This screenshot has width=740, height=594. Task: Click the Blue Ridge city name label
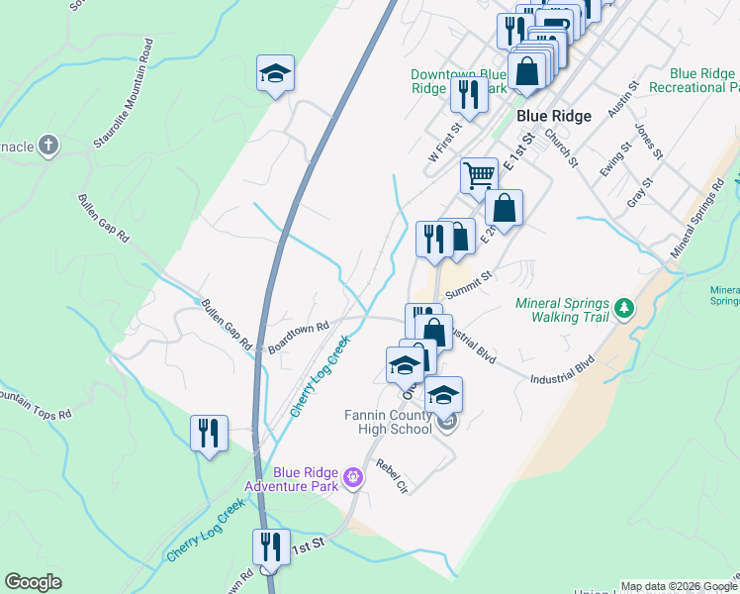click(x=554, y=116)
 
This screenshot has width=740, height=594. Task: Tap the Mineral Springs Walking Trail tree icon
click(x=624, y=308)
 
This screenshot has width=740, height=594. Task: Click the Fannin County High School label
click(x=389, y=422)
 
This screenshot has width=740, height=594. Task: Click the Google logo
click(x=33, y=582)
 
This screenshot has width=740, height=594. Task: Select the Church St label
click(x=559, y=148)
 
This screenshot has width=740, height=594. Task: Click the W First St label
click(x=445, y=144)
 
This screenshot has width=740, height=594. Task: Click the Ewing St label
click(x=614, y=160)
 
